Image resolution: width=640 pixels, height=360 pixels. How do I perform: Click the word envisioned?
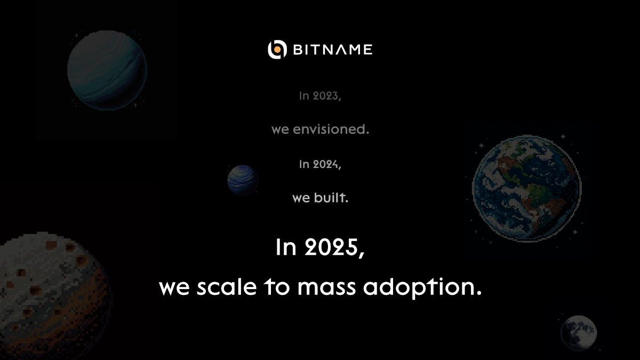pos(331,130)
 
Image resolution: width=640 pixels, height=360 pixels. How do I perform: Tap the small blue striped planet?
pos(243,180)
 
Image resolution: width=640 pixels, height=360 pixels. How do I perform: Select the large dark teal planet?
pos(107,70)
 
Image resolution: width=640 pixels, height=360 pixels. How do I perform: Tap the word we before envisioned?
pos(280,130)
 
